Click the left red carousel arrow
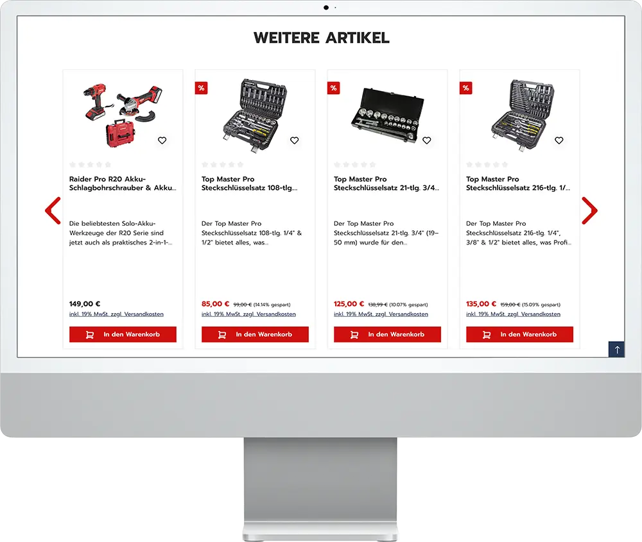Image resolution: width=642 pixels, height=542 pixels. point(53,210)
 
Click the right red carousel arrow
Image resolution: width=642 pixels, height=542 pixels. point(589,210)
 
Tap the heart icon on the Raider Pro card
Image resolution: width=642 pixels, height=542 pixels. point(162,140)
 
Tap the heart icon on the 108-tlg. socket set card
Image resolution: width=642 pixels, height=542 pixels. point(295,140)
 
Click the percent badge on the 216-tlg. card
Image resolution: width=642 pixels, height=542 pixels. point(466,88)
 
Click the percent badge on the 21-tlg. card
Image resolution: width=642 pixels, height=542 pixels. point(334,88)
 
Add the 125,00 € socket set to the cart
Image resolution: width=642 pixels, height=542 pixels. point(387,334)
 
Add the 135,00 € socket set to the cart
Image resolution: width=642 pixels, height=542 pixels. point(519,334)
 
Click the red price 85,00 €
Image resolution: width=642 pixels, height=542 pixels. point(215,304)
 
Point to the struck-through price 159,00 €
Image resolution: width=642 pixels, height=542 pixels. point(510,305)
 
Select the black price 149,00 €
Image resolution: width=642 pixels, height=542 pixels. point(85,304)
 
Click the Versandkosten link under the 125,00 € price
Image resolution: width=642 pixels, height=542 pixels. point(408,314)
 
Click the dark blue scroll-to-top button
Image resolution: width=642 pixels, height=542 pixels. point(616,350)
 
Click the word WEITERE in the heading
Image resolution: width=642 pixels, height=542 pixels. point(286,38)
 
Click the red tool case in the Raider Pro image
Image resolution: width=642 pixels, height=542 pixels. point(121,133)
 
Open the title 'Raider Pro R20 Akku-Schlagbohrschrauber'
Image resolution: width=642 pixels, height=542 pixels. point(123,183)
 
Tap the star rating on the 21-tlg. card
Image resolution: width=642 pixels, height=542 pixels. point(354,164)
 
